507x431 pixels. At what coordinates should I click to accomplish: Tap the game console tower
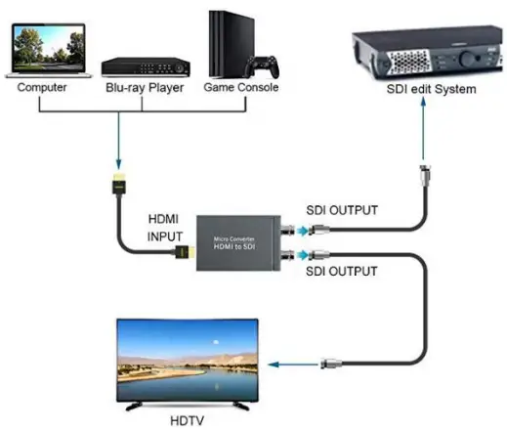[x=228, y=43]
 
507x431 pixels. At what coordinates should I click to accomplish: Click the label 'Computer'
[x=44, y=88]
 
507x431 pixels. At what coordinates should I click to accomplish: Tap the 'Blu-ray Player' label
[x=145, y=88]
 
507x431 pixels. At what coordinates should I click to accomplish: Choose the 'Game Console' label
[x=241, y=88]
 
